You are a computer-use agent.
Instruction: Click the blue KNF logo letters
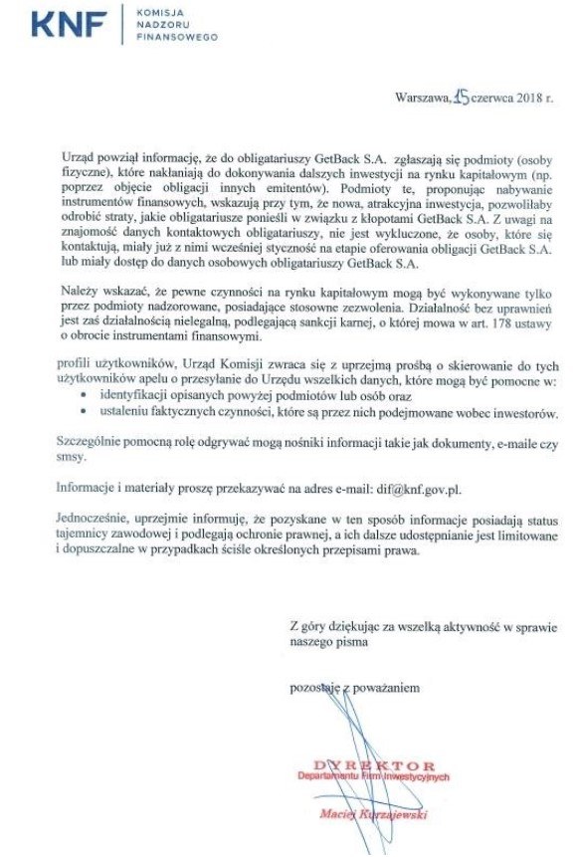(69, 23)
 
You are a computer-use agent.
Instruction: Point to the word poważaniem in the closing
(387, 687)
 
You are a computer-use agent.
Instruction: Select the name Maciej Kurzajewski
(379, 814)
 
